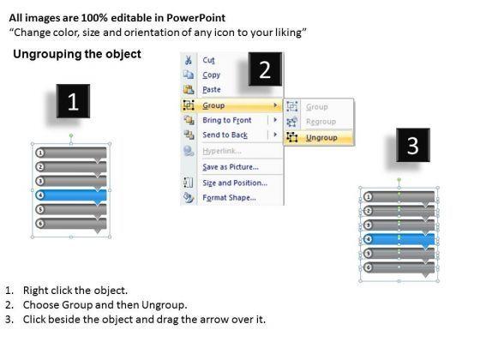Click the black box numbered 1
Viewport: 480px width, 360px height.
coord(73,101)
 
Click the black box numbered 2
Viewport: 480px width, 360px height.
coord(265,69)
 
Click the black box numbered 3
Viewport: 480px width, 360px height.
coord(413,145)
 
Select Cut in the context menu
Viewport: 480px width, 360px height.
coord(208,60)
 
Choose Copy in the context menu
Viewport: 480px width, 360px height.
coord(211,75)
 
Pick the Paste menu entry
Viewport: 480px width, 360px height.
coord(212,90)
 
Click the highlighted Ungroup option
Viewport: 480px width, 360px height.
coord(321,138)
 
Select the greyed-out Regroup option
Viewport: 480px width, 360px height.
coord(321,122)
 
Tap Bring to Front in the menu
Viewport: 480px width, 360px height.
coord(227,120)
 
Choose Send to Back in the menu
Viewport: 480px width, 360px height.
coord(225,135)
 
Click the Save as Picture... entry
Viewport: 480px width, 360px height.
coord(231,167)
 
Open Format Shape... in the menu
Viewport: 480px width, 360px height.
coord(230,198)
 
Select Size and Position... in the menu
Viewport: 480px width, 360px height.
coord(235,183)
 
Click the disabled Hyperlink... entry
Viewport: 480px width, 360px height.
coord(222,151)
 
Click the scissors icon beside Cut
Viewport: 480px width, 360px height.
coord(189,60)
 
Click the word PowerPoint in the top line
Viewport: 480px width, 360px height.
coord(196,18)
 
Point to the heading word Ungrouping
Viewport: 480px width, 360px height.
coord(47,54)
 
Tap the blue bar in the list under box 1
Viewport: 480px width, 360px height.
coord(71,196)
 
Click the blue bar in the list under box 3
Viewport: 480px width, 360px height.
coord(399,240)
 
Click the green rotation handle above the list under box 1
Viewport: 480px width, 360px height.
coord(71,135)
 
